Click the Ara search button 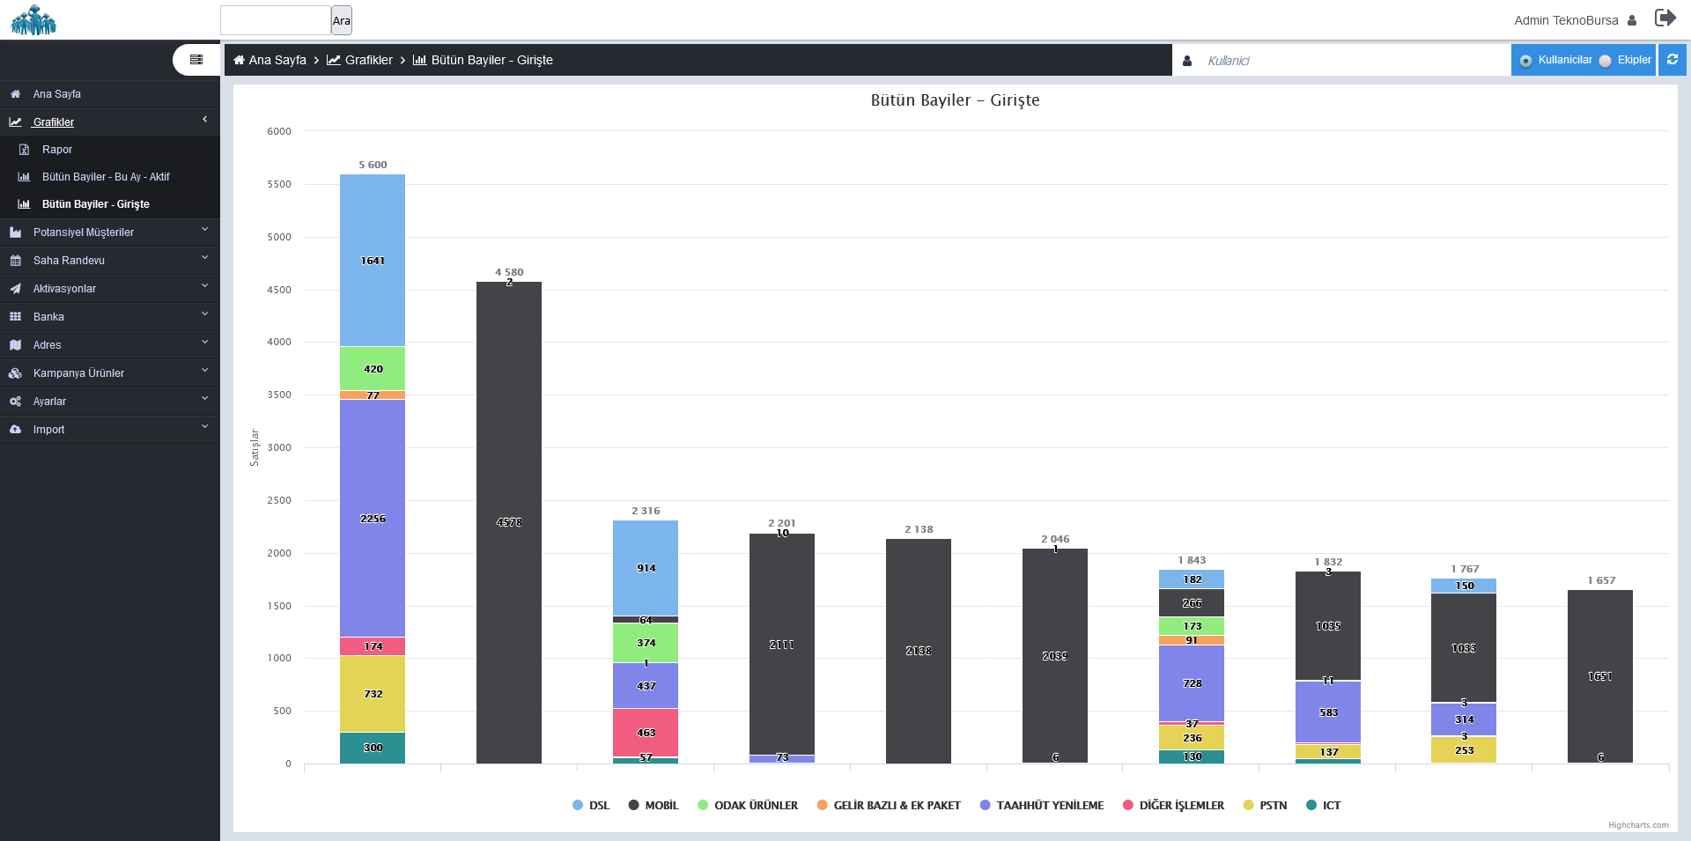pos(342,20)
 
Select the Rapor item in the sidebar pos(57,150)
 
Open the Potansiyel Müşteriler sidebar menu pos(84,232)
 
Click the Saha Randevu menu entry pos(69,261)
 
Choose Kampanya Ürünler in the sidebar pos(78,373)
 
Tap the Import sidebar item pos(49,430)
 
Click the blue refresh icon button pos(1672,60)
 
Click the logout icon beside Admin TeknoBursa pos(1665,18)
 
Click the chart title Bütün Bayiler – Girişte pos(955,100)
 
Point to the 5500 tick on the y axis pos(279,184)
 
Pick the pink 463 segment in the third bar pos(646,733)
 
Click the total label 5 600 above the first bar pos(373,165)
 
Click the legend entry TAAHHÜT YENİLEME pos(1049,805)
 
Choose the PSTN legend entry pos(1273,805)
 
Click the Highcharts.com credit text pos(1638,825)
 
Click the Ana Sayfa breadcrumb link pos(277,60)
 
